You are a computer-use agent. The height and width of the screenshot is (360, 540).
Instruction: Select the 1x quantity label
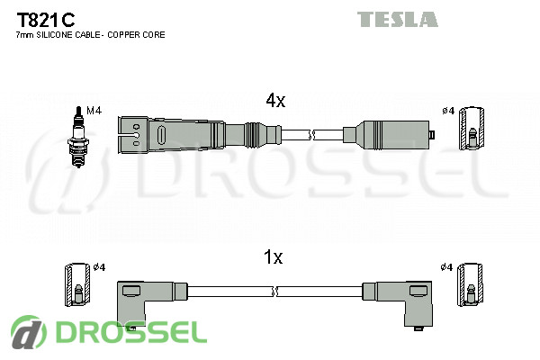pyautogui.click(x=274, y=258)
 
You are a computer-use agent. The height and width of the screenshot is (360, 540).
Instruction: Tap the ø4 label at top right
pyautogui.click(x=447, y=111)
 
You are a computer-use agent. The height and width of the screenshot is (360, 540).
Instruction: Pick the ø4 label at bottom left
pyautogui.click(x=100, y=267)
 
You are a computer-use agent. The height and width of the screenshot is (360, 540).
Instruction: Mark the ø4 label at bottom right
pyautogui.click(x=447, y=267)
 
